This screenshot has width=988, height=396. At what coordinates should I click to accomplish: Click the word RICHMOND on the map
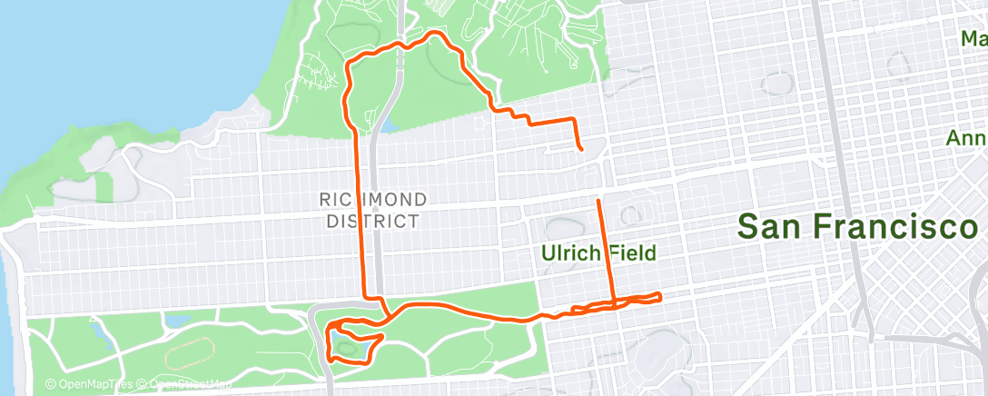click(x=373, y=199)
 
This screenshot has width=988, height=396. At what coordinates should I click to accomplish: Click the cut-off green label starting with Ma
click(x=973, y=40)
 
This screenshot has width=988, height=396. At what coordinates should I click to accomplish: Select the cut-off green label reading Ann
click(x=966, y=139)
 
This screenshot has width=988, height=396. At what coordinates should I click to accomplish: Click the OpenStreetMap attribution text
click(x=186, y=384)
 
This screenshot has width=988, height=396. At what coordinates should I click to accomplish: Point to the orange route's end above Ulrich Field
click(x=598, y=199)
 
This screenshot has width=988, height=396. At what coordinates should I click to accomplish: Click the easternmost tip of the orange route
click(x=660, y=295)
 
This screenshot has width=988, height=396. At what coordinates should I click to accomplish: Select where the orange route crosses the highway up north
click(x=400, y=46)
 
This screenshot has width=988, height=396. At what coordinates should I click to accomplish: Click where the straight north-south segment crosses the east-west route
click(x=613, y=303)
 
